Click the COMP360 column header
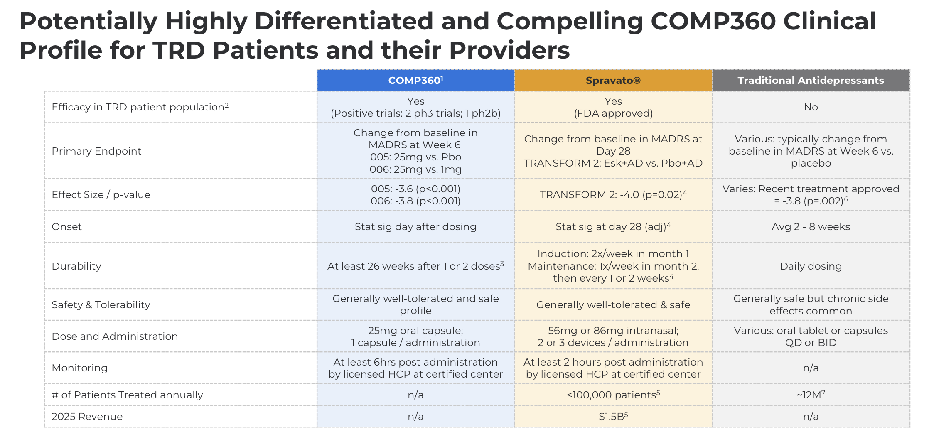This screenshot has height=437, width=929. (415, 80)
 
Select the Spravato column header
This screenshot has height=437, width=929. (613, 80)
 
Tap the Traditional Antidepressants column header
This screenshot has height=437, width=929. (811, 80)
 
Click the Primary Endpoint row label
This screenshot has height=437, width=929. (96, 151)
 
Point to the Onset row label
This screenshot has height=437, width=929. (66, 227)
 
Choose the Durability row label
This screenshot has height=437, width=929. (76, 266)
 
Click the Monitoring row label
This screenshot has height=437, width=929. (79, 368)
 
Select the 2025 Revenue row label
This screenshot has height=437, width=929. (87, 417)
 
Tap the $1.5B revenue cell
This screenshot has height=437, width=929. (613, 416)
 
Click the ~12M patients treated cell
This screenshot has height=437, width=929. (811, 395)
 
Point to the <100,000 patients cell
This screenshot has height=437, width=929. (613, 395)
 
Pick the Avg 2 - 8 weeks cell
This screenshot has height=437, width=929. (811, 227)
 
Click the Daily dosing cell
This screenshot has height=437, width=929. (811, 266)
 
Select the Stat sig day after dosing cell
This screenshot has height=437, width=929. (415, 227)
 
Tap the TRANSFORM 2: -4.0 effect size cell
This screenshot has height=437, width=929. (613, 194)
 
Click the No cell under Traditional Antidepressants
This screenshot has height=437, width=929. (811, 107)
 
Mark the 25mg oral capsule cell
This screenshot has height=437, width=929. (415, 336)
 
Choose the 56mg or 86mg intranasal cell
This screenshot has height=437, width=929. (613, 336)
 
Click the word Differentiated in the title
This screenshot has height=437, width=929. (344, 21)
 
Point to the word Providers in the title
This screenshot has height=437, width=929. (509, 50)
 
